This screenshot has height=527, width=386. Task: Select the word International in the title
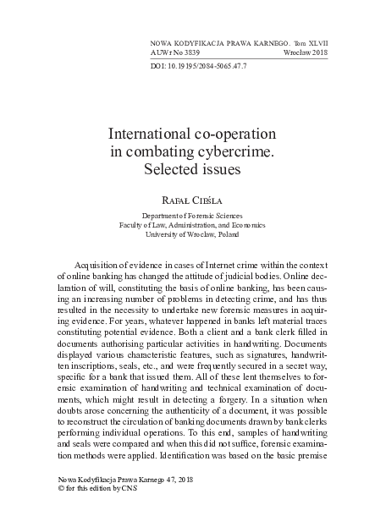coord(152,134)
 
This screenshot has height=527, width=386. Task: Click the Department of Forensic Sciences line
coord(192,216)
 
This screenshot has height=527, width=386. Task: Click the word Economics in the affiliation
coord(247,226)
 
